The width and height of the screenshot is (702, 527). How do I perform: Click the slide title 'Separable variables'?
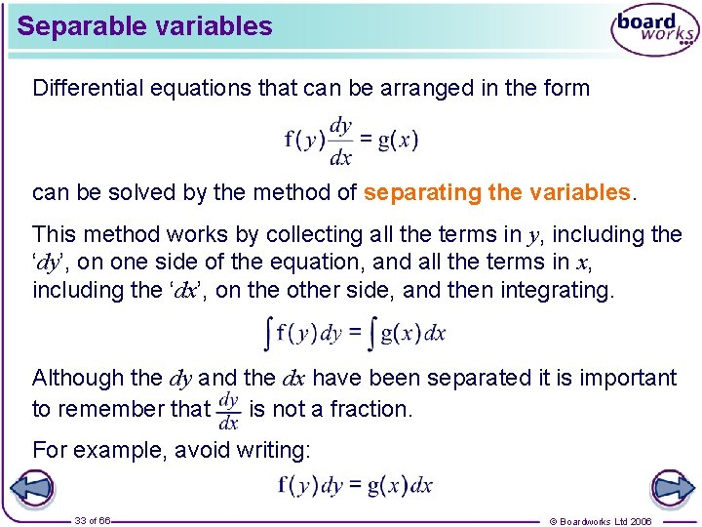pos(144,26)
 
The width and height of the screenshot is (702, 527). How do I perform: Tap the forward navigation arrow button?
pos(672,487)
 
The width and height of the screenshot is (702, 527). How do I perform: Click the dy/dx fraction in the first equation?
pos(340,141)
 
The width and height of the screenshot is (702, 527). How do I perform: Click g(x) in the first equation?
pos(398,140)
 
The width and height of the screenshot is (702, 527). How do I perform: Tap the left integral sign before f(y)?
pos(270,334)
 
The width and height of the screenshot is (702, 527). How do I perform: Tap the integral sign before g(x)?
pos(372,334)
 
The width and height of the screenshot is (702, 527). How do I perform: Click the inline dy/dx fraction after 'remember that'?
pos(228,410)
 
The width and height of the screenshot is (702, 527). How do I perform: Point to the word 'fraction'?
pos(371,409)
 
